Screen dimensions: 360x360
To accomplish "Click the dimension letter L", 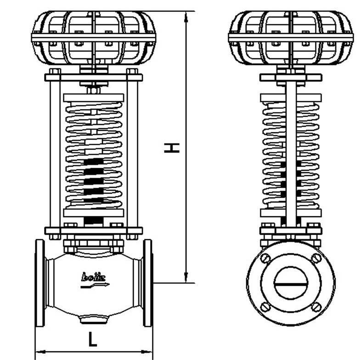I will pyautogui.click(x=93, y=339).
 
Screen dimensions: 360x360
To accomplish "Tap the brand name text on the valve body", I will pyautogui.click(x=93, y=277).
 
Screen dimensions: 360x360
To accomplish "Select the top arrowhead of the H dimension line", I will pyautogui.click(x=186, y=17).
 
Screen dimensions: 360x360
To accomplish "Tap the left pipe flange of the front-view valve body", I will pyautogui.click(x=40, y=282).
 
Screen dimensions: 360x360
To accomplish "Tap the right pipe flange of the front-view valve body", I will pyautogui.click(x=148, y=282).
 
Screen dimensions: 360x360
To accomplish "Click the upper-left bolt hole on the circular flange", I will pyautogui.click(x=265, y=258).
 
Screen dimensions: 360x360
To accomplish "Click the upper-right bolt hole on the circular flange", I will pyautogui.click(x=315, y=258).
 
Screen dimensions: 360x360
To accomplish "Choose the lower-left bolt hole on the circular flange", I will pyautogui.click(x=265, y=307).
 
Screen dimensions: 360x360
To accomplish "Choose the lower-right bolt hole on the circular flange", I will pyautogui.click(x=315, y=307).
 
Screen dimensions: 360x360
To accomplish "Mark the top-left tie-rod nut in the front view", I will pyautogui.click(x=55, y=72).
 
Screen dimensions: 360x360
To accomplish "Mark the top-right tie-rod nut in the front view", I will pyautogui.click(x=132, y=72).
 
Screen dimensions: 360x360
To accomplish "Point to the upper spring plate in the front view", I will pyautogui.click(x=94, y=98).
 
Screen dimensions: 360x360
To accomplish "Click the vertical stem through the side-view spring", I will pyautogui.click(x=290, y=152).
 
